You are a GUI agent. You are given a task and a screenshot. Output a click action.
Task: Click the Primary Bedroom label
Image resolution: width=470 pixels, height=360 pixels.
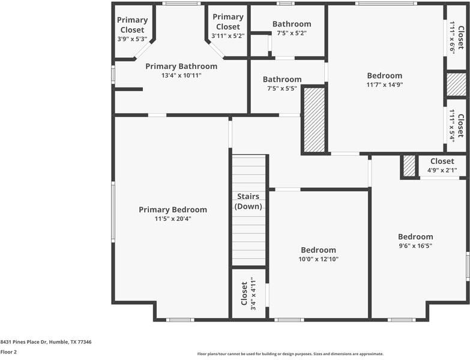[173, 209]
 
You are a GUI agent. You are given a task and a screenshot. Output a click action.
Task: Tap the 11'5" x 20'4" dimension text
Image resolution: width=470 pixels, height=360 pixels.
[173, 219]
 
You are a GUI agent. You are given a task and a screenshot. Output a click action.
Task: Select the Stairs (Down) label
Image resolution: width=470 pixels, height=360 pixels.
[248, 201]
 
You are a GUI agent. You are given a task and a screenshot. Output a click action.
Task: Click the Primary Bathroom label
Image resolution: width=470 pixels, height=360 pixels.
[181, 66]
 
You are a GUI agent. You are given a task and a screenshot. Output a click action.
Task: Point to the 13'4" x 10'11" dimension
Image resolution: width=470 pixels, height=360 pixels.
[181, 76]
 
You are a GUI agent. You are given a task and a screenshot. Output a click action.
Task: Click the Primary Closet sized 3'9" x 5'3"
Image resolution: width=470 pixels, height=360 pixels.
[132, 25]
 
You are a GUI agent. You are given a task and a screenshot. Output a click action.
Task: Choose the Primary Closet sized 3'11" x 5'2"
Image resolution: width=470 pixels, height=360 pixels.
[228, 22]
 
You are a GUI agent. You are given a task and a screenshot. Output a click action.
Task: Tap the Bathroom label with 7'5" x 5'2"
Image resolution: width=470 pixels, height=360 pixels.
[292, 24]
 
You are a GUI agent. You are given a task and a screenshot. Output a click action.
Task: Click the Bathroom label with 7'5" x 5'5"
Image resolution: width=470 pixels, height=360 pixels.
[282, 79]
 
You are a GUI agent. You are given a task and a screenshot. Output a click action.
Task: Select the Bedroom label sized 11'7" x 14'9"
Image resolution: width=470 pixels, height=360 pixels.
[385, 76]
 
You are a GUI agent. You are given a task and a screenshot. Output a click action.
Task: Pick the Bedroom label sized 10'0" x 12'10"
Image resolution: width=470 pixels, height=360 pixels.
[318, 250]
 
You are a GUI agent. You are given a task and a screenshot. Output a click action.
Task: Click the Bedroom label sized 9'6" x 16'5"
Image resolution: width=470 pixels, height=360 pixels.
[415, 236]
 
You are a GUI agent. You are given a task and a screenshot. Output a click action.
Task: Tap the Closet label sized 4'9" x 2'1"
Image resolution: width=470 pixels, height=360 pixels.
[442, 161]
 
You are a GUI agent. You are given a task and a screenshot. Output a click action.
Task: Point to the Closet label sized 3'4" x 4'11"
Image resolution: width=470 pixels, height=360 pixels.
[244, 293]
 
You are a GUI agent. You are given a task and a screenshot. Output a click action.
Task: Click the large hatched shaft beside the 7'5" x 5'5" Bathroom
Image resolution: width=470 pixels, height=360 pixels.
[313, 120]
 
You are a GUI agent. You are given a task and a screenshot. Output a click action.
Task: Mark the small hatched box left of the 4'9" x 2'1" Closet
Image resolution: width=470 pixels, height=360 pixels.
[409, 166]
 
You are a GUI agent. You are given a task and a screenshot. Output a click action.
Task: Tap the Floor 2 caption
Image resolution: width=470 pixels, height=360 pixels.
[8, 352]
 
